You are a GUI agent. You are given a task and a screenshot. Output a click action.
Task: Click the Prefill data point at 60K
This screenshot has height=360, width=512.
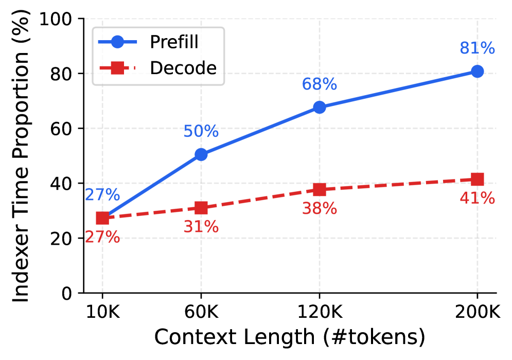(201, 154)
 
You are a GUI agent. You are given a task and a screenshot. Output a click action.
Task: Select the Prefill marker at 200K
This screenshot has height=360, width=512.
(477, 71)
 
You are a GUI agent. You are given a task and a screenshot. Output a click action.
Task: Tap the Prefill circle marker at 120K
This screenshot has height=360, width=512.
(319, 107)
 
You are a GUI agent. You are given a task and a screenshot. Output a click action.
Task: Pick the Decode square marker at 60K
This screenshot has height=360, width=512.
(201, 208)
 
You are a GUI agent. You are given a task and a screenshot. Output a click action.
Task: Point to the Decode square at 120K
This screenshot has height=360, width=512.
(319, 189)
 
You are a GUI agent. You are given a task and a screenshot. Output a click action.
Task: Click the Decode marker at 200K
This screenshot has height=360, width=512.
(477, 179)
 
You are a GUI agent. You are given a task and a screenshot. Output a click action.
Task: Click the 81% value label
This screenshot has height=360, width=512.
(477, 48)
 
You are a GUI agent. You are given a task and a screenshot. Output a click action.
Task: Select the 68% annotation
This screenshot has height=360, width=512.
(319, 85)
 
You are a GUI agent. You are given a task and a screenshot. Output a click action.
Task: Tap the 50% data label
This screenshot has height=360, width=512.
(201, 132)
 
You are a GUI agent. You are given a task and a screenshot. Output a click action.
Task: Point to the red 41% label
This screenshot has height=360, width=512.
(477, 198)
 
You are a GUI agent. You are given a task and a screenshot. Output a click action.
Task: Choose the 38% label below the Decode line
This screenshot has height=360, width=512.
(319, 208)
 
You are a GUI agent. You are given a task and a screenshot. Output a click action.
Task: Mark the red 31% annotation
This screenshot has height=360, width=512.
(201, 226)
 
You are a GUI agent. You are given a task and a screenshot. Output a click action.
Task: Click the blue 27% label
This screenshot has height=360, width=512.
(102, 195)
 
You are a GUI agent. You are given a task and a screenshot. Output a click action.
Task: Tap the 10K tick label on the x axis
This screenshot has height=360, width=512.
(102, 312)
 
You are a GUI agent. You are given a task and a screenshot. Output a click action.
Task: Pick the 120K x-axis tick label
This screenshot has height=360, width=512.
(319, 312)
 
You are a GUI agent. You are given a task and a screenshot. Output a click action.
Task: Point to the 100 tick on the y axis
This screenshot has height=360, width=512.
(62, 19)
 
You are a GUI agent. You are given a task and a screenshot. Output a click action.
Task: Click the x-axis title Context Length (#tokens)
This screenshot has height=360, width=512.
(290, 337)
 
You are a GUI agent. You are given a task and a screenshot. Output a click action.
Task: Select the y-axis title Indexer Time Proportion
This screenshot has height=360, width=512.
(21, 156)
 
